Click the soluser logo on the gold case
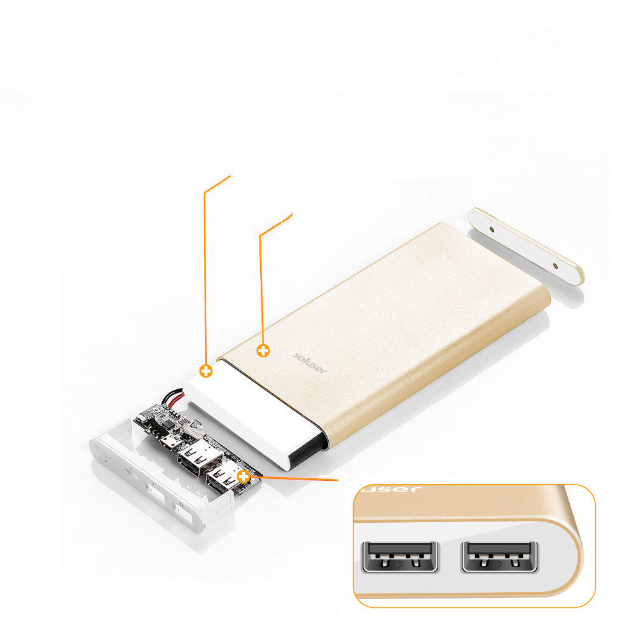pyautogui.click(x=310, y=363)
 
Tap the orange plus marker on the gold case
pyautogui.click(x=263, y=350)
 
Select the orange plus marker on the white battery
pyautogui.click(x=205, y=371)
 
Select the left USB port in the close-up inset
pyautogui.click(x=399, y=556)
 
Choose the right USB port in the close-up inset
pyautogui.click(x=502, y=555)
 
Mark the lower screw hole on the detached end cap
pyautogui.click(x=555, y=266)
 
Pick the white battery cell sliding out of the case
pyautogui.click(x=254, y=413)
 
